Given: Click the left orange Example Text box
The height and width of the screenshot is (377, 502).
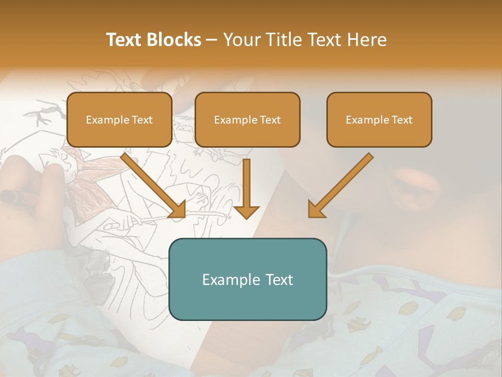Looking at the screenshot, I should pos(119,120).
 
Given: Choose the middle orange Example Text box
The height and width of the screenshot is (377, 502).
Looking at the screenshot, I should pos(247,120).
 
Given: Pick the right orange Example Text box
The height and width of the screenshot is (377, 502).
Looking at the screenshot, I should pos(379,120).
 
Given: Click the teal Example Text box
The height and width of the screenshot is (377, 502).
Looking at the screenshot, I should pos(247,279).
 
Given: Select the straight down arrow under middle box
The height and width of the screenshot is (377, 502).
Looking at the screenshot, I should pos(246,188).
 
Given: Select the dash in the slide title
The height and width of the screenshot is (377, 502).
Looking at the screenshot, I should pos(212,40).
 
